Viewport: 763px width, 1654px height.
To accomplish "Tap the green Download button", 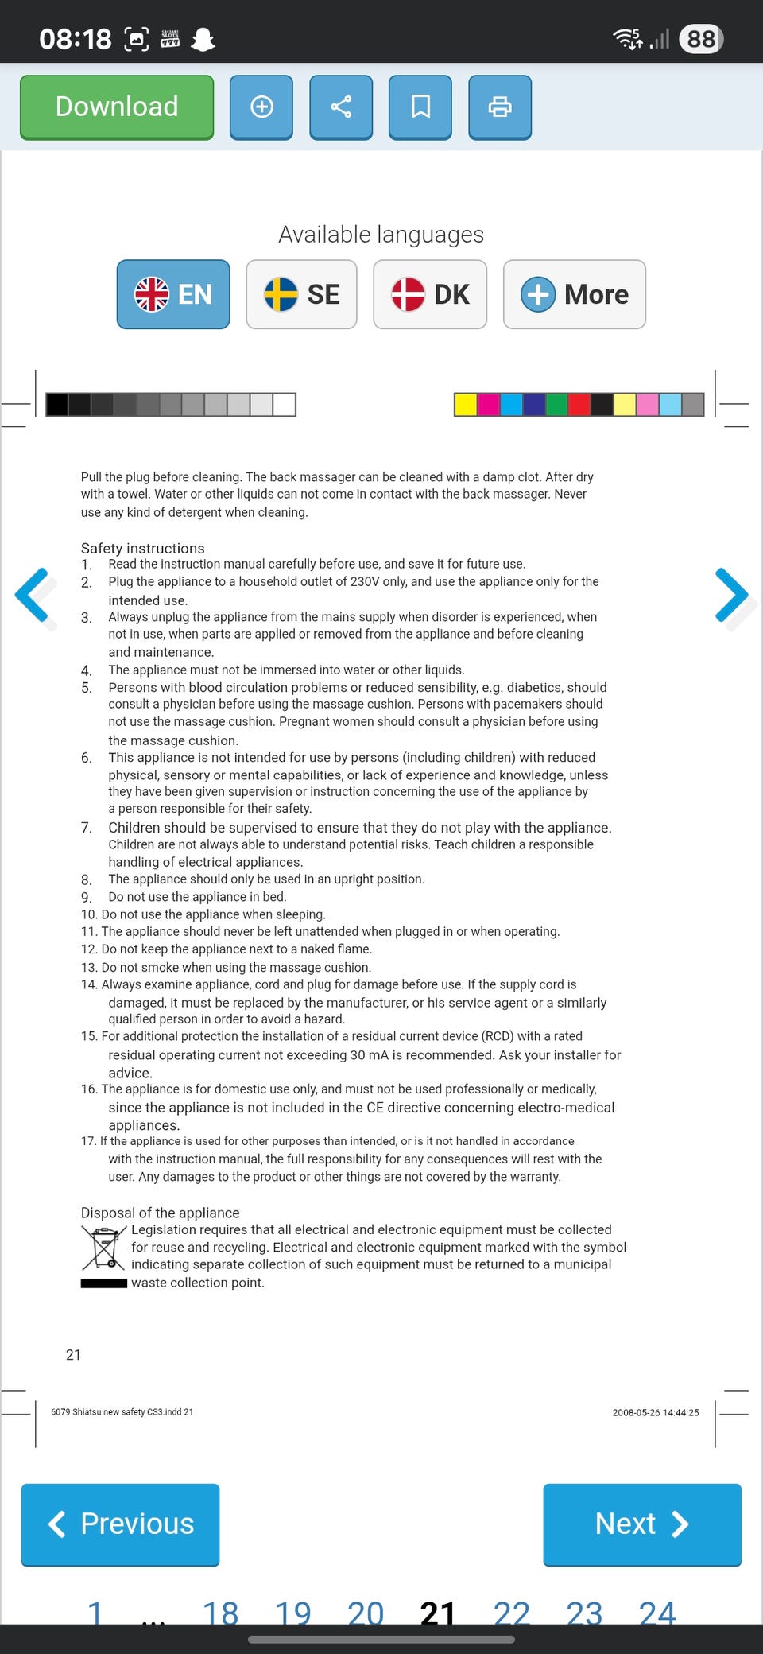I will pyautogui.click(x=117, y=107).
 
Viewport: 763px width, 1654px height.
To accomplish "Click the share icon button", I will pyautogui.click(x=341, y=107).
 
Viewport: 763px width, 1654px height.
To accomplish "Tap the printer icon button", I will pyautogui.click(x=500, y=107).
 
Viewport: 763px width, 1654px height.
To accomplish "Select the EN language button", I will pyautogui.click(x=173, y=294).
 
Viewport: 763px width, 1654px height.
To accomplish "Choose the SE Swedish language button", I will pyautogui.click(x=301, y=294).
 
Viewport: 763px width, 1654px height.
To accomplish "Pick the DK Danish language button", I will pyautogui.click(x=430, y=294).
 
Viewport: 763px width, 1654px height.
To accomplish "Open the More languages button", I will pyautogui.click(x=575, y=294).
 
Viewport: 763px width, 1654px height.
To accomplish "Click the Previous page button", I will pyautogui.click(x=120, y=1524).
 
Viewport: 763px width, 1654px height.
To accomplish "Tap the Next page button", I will pyautogui.click(x=642, y=1524).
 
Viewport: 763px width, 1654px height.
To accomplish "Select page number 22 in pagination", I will pyautogui.click(x=511, y=1613).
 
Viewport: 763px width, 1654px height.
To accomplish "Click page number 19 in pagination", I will pyautogui.click(x=292, y=1613).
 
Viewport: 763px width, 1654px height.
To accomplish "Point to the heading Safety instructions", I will pyautogui.click(x=142, y=548).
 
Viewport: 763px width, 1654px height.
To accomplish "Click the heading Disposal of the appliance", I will pyautogui.click(x=160, y=1213).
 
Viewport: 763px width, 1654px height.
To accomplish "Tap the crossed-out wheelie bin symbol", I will pyautogui.click(x=103, y=1248).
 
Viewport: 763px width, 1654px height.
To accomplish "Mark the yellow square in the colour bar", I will pyautogui.click(x=465, y=404).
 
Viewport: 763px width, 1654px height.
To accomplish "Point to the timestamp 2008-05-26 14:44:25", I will pyautogui.click(x=655, y=1412).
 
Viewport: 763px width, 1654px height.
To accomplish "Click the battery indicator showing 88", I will pyautogui.click(x=701, y=39).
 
